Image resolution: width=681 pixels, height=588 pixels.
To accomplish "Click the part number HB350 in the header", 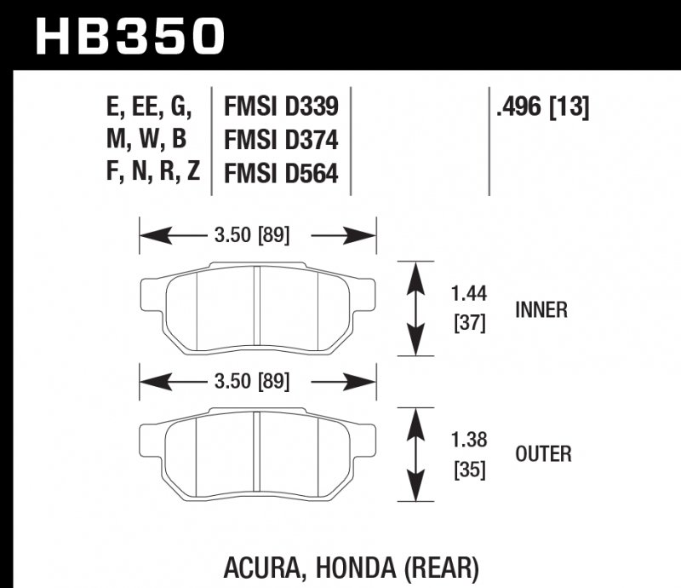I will tap(130, 35).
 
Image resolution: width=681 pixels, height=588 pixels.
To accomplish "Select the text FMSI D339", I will tap(281, 107).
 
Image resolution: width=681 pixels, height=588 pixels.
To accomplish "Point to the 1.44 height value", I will tap(467, 295).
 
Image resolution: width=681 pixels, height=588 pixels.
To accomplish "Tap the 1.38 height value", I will tap(467, 441).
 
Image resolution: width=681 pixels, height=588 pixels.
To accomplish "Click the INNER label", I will tap(541, 309).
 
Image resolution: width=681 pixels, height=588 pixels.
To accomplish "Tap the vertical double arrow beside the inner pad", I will tap(415, 308).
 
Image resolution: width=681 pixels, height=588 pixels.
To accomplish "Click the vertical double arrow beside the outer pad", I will tap(415, 453).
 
